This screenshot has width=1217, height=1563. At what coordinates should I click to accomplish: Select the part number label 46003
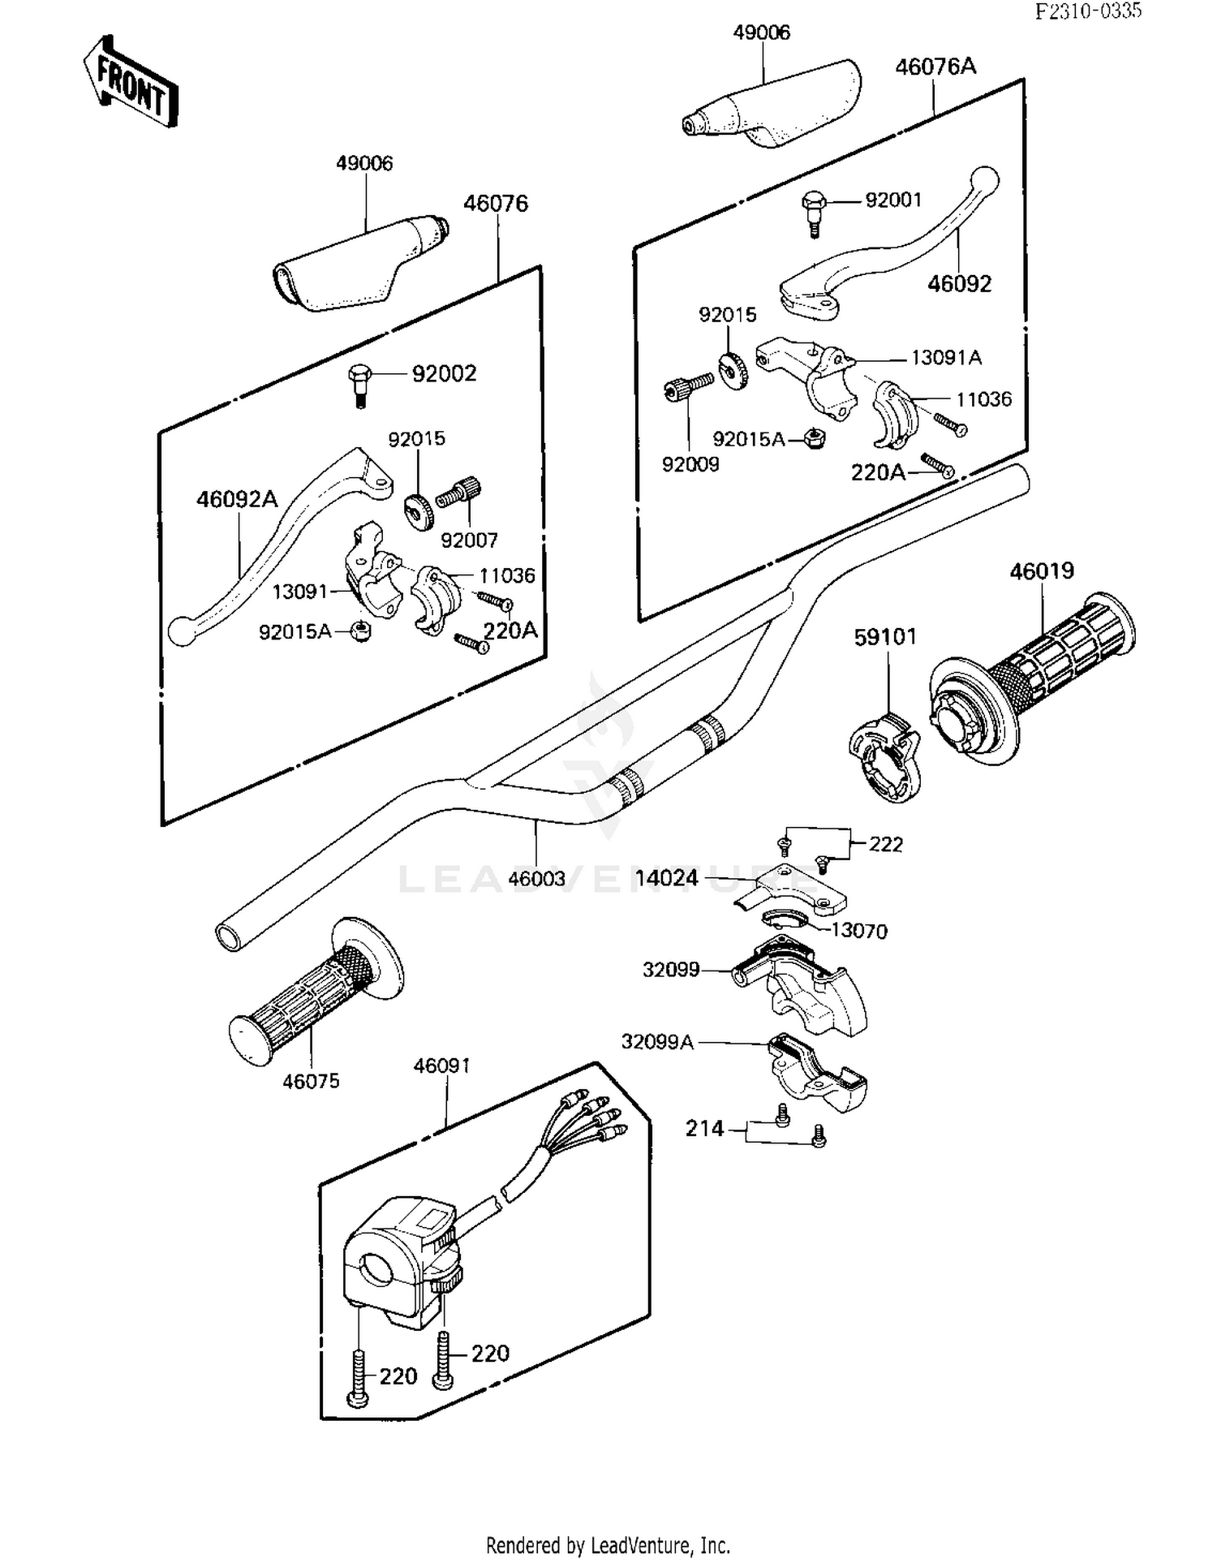point(536,879)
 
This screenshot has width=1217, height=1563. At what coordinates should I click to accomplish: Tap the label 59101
point(885,637)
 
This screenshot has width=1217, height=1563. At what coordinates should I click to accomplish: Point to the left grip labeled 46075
point(312,998)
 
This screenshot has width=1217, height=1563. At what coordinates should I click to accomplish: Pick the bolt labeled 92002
point(359,385)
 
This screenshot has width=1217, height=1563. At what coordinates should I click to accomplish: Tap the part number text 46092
point(960,284)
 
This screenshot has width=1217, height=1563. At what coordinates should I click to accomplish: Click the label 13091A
point(946,358)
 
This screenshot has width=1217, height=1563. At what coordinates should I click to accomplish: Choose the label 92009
point(690,465)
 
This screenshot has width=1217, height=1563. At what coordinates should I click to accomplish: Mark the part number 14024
point(666,878)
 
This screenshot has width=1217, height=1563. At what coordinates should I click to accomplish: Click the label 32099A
point(657,1042)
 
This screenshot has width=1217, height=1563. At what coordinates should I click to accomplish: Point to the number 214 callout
point(704,1129)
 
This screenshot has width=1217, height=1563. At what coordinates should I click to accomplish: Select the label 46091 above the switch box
point(441,1066)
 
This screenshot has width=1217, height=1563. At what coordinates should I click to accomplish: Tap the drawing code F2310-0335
point(1088,11)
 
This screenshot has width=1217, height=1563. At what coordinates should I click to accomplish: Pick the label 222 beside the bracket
point(885,845)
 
